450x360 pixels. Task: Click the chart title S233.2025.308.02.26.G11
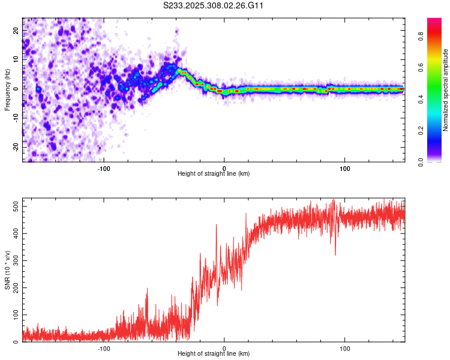[x=214, y=6]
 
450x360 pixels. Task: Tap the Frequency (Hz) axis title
[x=7, y=90]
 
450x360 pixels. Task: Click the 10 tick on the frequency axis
[x=16, y=59]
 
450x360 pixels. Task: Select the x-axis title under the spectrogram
[x=214, y=174]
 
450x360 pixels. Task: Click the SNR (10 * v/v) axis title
[x=7, y=270]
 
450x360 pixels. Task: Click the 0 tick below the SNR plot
[x=224, y=348]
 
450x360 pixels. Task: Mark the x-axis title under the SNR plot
[x=214, y=354]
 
